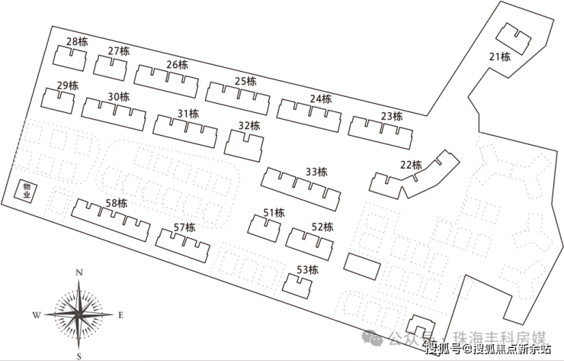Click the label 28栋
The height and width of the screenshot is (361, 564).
(x=77, y=41)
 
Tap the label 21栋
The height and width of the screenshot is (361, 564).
(x=499, y=56)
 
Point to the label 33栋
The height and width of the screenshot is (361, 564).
(x=316, y=172)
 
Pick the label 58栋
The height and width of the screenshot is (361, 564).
(x=117, y=203)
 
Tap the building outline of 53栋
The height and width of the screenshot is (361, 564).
(x=297, y=285)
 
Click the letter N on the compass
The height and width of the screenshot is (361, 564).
(x=79, y=272)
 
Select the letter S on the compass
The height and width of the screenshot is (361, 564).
(x=79, y=354)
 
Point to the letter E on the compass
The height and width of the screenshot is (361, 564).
(x=120, y=314)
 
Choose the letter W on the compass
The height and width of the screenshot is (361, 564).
(x=36, y=314)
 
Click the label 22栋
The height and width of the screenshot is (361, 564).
(x=410, y=165)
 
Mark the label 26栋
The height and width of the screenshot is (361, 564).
(x=177, y=64)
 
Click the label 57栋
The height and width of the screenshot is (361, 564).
(x=184, y=227)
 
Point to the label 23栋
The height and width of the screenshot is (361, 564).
(x=391, y=116)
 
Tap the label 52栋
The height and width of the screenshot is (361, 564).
(x=322, y=227)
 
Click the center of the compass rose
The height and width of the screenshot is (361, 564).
(x=79, y=314)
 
